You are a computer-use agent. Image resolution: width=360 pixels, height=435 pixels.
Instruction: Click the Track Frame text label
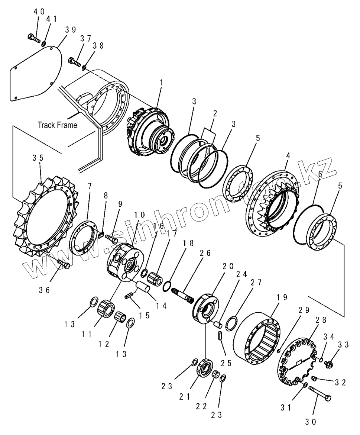[x=57, y=125]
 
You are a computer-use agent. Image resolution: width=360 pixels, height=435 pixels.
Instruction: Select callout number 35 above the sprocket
[x=38, y=157]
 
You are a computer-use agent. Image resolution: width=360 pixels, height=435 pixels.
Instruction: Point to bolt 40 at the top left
[x=33, y=37]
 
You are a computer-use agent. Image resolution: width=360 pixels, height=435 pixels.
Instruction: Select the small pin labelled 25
[x=220, y=335]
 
